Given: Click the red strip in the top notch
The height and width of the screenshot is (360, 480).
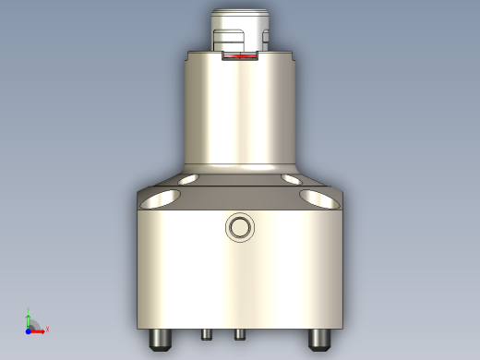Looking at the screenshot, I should (x=240, y=56).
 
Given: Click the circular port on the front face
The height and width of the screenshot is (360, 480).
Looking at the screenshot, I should (x=240, y=227).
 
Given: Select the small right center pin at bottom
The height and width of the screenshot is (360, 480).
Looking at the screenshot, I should (x=239, y=333).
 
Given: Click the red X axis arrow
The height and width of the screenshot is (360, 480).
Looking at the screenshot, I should (x=40, y=329).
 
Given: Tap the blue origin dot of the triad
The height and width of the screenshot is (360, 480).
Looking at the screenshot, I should (x=28, y=330).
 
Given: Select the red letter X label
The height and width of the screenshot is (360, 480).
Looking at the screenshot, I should (x=47, y=329).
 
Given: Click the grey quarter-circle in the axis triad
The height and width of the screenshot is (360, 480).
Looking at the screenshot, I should (x=33, y=324).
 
